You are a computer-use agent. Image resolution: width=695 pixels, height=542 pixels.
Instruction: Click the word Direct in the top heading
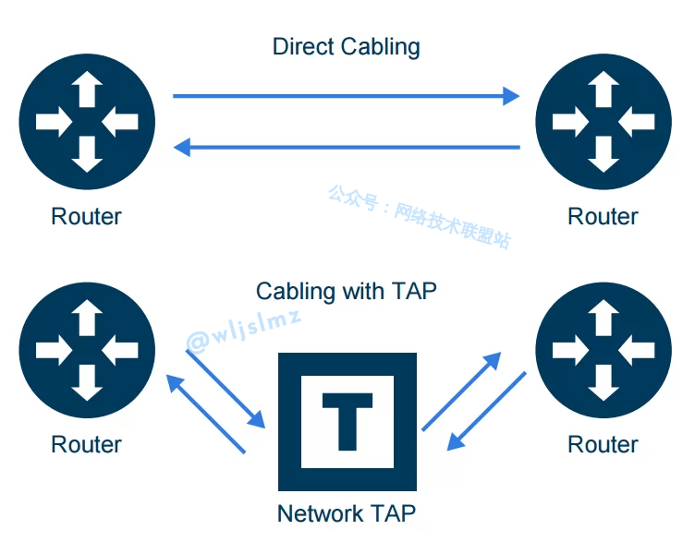(302, 46)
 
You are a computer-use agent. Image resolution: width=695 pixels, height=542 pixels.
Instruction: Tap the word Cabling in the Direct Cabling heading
(378, 47)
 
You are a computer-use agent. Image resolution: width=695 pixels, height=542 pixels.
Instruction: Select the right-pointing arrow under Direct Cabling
(347, 95)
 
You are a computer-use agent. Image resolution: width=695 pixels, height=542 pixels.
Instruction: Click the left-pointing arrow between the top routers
(347, 147)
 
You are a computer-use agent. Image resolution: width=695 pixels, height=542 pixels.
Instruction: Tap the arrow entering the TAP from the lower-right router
(486, 412)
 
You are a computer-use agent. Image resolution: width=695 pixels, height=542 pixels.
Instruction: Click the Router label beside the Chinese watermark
(603, 217)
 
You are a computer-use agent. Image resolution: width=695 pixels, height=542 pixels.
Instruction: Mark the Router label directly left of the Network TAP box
(86, 444)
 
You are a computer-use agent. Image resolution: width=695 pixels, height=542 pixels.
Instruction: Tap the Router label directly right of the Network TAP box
(603, 444)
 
